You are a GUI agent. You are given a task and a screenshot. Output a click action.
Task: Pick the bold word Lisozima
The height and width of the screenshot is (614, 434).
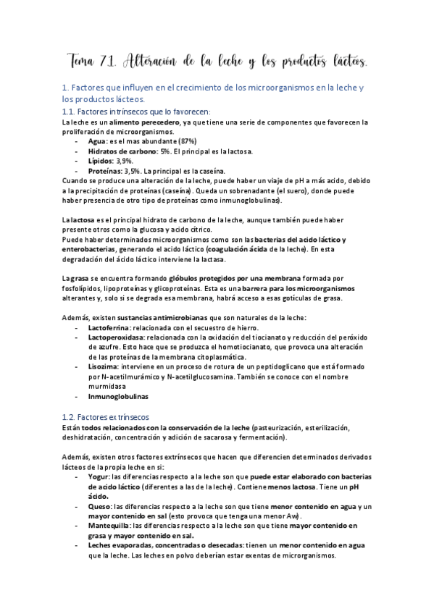click(104, 366)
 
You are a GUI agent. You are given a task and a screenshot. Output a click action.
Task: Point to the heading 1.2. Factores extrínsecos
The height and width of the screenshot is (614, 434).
click(106, 417)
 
